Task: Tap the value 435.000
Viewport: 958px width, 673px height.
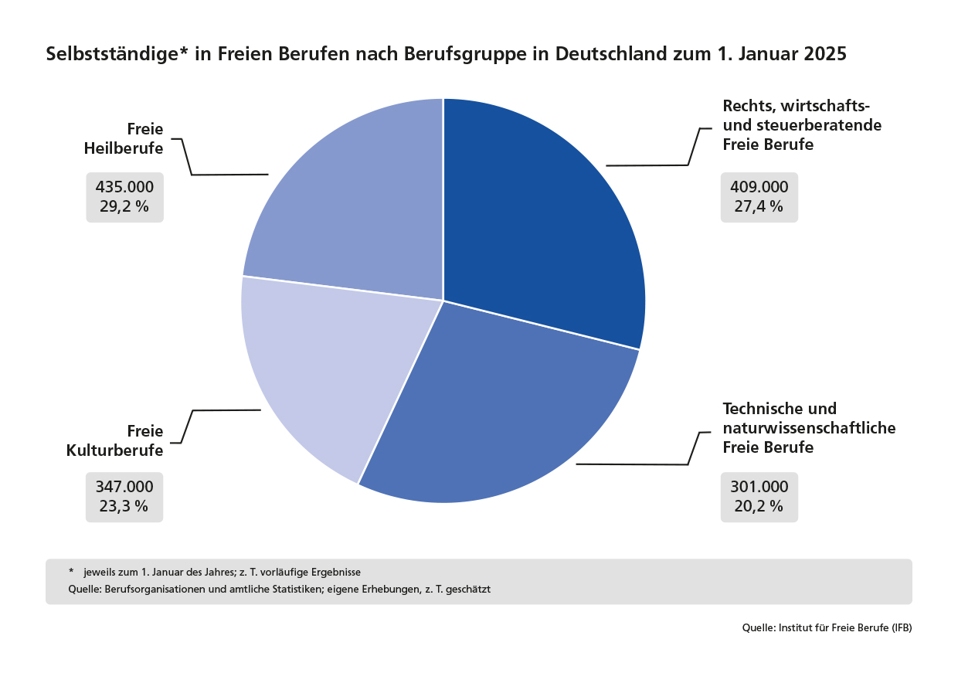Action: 124,187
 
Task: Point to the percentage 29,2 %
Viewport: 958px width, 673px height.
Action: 124,206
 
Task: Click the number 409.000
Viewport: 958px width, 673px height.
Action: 759,187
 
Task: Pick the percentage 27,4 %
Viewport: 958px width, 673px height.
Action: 759,206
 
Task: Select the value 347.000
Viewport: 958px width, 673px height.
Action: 124,487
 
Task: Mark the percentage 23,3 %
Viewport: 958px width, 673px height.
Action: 124,506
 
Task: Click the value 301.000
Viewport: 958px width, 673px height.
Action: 759,487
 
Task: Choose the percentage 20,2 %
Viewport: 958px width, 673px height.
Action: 759,506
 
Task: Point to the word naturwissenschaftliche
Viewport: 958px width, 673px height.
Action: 809,427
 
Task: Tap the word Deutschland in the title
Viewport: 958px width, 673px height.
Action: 611,54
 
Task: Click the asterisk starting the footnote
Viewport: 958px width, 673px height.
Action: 71,572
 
